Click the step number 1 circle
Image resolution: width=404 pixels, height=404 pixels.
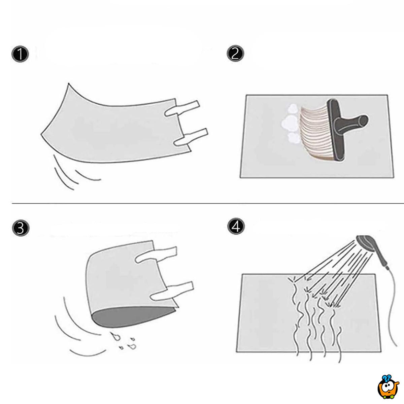(20, 55)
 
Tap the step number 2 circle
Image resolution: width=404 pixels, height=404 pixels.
(235, 54)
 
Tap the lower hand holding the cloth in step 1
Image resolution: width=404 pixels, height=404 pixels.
(190, 137)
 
